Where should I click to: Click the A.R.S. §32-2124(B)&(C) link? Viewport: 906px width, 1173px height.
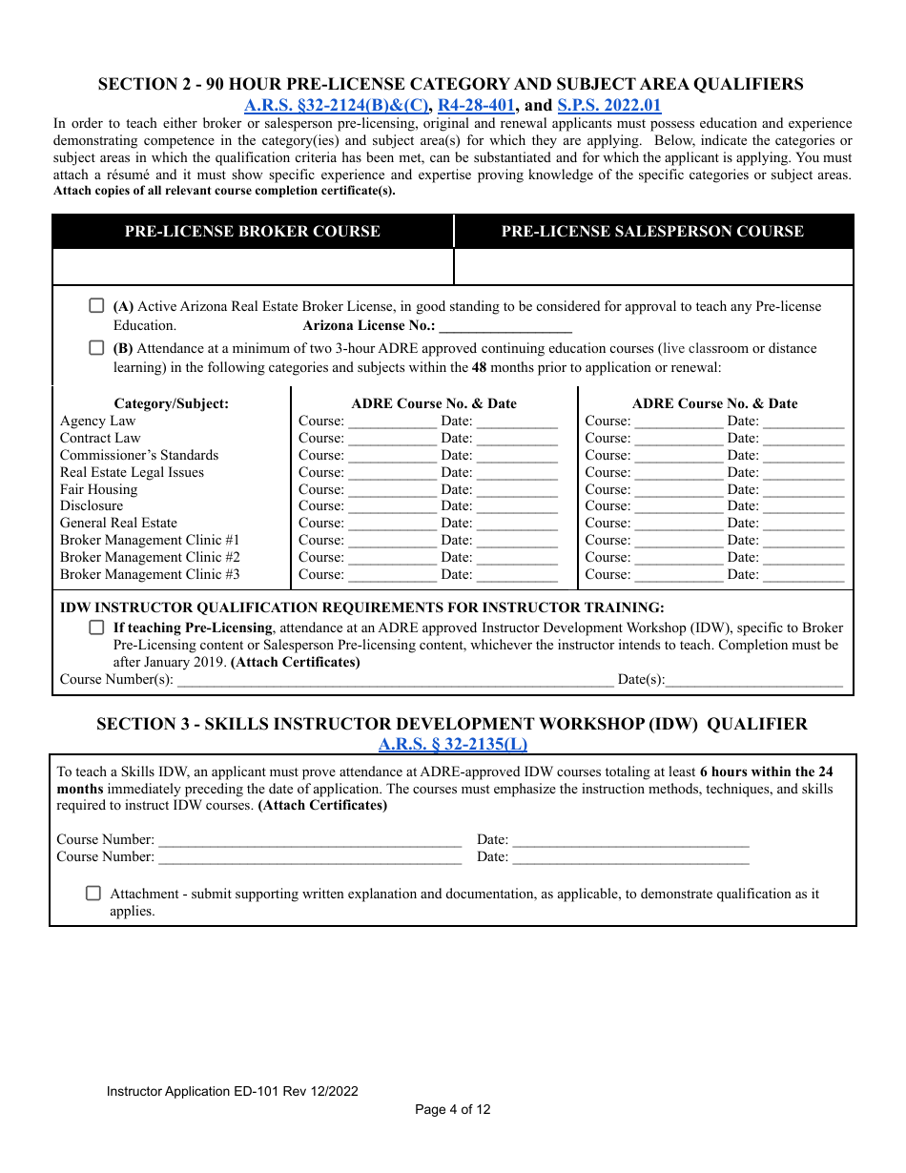pos(337,106)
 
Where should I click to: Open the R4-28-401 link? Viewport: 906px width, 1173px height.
pos(476,106)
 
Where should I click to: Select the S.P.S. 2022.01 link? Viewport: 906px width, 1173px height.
pos(608,106)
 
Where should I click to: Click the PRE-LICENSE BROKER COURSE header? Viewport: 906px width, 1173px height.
pos(252,232)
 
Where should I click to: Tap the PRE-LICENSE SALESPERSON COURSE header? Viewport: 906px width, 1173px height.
pos(652,232)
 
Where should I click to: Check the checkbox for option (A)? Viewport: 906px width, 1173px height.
pos(96,306)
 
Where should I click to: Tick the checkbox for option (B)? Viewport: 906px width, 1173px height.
pos(96,348)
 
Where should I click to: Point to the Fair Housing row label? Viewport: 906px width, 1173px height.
pos(98,489)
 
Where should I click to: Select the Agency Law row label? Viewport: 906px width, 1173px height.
pos(97,421)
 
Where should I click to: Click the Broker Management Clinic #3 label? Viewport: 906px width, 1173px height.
pos(150,574)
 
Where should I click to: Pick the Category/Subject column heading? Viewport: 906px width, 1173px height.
pos(171,403)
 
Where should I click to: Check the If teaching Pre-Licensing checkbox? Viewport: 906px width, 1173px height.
pos(96,628)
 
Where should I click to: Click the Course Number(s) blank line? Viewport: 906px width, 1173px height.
pos(395,681)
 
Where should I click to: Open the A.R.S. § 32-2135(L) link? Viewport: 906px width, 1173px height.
pos(452,745)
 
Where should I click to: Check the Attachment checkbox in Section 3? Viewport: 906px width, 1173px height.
pos(93,894)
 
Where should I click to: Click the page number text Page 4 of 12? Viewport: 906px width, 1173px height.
pos(452,1109)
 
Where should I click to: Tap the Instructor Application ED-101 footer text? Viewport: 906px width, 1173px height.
pos(233,1091)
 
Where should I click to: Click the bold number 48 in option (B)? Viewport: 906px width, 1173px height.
pos(480,367)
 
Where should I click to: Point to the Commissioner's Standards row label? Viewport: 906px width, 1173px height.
pos(139,455)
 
